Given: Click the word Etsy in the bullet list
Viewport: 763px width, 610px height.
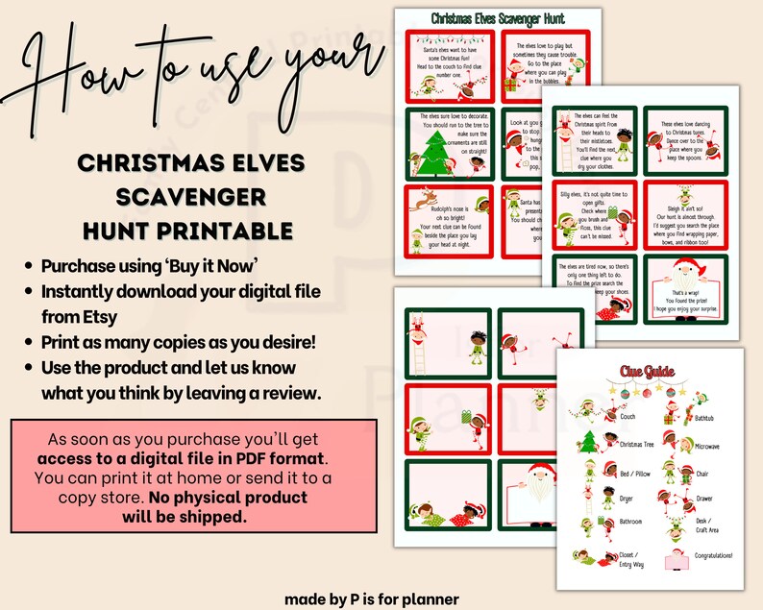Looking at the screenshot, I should click(x=63, y=314).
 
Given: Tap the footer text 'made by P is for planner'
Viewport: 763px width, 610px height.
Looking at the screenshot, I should click(x=371, y=598).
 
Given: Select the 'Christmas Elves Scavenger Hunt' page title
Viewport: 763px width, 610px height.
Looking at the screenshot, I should click(x=498, y=18).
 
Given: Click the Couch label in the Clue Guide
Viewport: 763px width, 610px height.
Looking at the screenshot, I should click(x=628, y=417).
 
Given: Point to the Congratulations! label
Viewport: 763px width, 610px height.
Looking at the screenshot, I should click(x=712, y=555).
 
